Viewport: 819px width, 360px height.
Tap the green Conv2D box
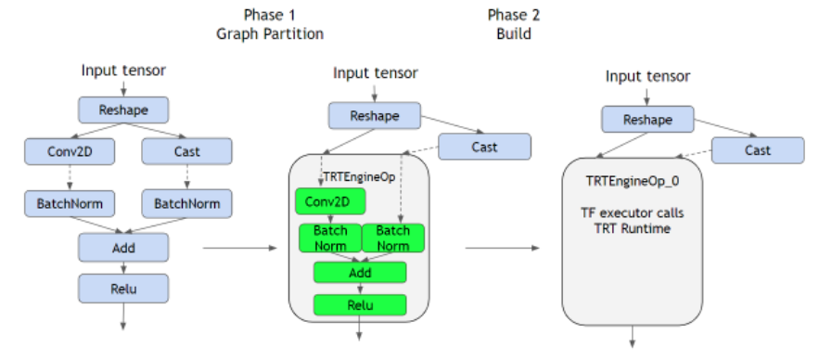(330, 201)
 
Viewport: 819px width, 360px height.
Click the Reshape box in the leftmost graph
(124, 109)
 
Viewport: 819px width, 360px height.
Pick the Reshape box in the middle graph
(374, 116)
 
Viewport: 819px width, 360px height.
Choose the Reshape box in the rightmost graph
(646, 120)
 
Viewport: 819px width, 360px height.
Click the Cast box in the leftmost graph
(186, 150)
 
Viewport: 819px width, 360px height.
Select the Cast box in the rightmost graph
(757, 149)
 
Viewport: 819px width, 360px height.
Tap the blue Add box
(124, 247)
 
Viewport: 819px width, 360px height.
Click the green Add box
(360, 273)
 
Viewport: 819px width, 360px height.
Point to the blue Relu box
(124, 288)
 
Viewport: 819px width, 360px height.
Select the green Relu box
(360, 304)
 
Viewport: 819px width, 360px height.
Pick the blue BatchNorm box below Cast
(186, 202)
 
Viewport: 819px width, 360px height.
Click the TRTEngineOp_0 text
(633, 181)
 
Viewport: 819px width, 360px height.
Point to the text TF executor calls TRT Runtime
(633, 220)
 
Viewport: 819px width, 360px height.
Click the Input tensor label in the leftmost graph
(124, 70)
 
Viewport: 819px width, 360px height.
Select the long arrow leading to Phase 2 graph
(501, 248)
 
